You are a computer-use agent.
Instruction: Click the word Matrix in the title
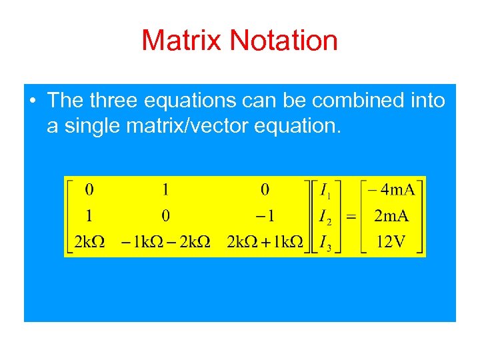[182, 41]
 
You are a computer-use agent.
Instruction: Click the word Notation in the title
[284, 41]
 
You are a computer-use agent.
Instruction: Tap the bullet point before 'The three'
[33, 101]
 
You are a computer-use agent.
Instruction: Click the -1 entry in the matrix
[265, 215]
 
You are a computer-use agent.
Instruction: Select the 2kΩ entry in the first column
[89, 241]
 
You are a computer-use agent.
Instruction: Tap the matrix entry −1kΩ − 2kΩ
[165, 241]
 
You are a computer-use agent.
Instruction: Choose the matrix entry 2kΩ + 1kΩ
[265, 241]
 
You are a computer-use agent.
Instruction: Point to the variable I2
[325, 217]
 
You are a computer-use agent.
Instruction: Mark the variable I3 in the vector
[325, 241]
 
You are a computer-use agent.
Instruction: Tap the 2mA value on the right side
[391, 216]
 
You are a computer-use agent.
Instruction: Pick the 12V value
[391, 241]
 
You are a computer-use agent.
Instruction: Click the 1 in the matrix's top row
[165, 190]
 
